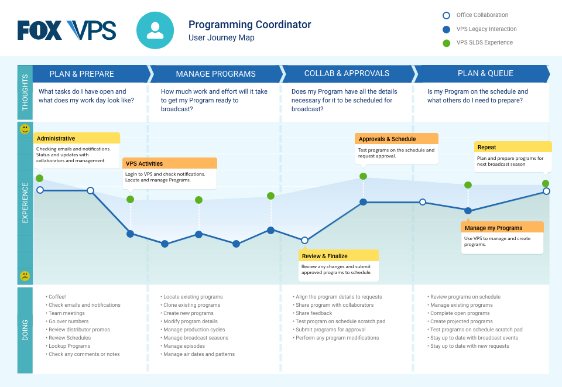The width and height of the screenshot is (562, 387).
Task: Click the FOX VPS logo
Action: tap(67, 30)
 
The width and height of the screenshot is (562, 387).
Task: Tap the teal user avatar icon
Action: tap(155, 30)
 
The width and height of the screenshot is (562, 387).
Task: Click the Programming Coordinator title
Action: tap(249, 25)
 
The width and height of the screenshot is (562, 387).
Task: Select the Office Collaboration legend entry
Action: tap(482, 15)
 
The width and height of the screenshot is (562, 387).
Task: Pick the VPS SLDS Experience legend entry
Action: tap(484, 43)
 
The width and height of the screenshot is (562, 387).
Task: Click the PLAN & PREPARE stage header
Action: tap(81, 74)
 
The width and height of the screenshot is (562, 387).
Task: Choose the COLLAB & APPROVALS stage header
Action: tap(347, 74)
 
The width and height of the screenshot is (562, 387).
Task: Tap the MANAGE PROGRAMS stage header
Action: tap(215, 74)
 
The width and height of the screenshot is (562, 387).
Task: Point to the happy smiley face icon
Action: tap(25, 129)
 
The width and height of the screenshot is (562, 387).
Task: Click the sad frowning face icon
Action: tap(25, 276)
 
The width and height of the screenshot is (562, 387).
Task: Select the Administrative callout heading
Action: tap(56, 139)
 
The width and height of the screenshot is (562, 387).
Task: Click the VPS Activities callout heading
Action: tap(144, 163)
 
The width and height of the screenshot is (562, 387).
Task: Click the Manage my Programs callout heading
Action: tap(493, 228)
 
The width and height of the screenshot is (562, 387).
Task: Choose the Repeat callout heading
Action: tap(486, 148)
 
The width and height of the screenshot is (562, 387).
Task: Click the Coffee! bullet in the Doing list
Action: tap(57, 297)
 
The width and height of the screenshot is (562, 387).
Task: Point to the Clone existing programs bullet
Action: tap(191, 305)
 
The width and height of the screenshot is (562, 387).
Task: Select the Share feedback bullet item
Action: tap(314, 313)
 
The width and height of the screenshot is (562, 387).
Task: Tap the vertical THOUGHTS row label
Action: tap(25, 94)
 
